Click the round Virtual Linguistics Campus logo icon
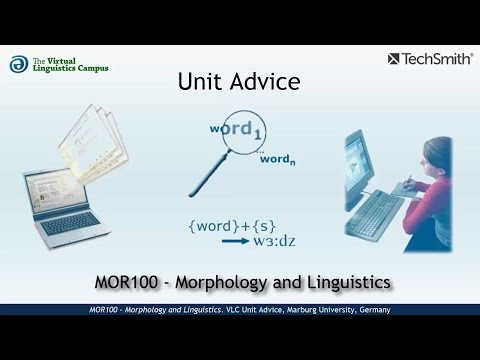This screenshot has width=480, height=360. (17, 63)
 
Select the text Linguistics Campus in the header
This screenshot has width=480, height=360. (73, 69)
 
